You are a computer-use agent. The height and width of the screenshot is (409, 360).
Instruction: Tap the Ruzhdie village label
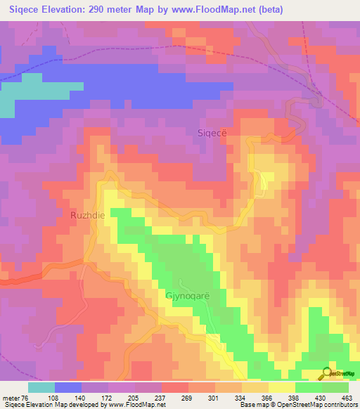point(88,216)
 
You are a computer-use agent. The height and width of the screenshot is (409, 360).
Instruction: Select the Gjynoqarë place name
point(187,295)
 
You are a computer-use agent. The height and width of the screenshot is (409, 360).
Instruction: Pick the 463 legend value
point(347,398)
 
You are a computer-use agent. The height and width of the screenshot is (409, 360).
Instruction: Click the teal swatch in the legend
point(41,387)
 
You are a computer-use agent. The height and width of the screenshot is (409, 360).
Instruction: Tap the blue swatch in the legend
point(68,387)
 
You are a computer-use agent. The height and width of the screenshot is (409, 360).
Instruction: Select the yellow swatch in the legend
point(282,387)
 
